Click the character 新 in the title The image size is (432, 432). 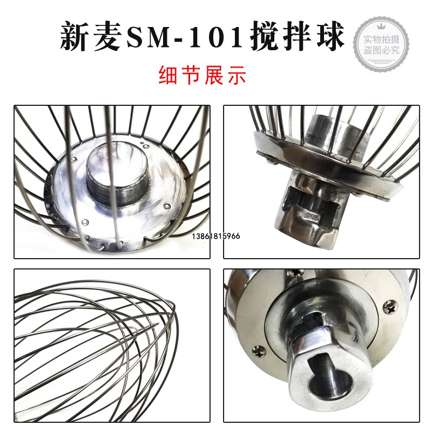coord(75,36)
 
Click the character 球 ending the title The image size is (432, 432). coord(330,36)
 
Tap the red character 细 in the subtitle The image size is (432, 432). coord(168,75)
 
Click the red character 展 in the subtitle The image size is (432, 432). coord(214,75)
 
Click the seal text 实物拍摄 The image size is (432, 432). coord(382,39)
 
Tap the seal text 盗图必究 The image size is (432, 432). coord(382,50)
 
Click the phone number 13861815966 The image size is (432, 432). coord(215,236)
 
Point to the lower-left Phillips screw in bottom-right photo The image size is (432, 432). coord(260,352)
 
